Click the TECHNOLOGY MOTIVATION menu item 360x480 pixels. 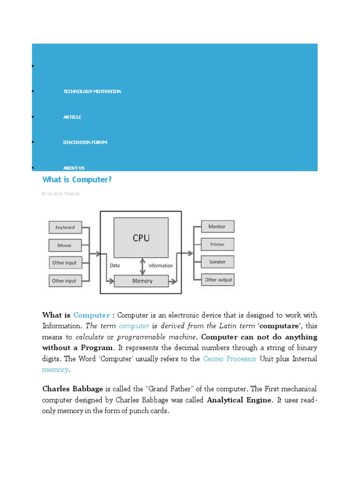(x=92, y=91)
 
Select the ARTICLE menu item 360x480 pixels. (x=72, y=117)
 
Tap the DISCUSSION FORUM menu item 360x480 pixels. (x=85, y=142)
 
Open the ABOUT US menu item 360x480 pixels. (x=74, y=168)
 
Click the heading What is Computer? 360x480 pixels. (x=77, y=180)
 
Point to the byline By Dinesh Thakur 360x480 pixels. (x=61, y=194)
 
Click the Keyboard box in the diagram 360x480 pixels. (x=65, y=227)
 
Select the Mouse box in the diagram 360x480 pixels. (x=65, y=245)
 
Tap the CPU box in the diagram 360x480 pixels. (x=141, y=238)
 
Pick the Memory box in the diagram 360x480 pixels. (x=142, y=281)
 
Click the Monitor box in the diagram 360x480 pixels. (x=217, y=226)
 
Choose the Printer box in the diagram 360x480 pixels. (x=217, y=244)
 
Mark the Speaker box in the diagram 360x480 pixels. (x=217, y=262)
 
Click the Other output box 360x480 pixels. (x=218, y=280)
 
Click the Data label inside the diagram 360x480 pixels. (x=115, y=265)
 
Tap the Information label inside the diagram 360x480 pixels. (x=161, y=266)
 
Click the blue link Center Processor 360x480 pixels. (x=230, y=359)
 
